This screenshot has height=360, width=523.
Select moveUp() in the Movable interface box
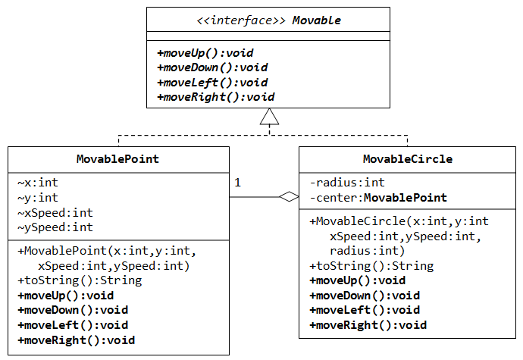point(205,53)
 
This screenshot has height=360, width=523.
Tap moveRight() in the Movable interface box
point(215,97)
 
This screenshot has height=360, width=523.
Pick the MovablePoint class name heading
point(117,159)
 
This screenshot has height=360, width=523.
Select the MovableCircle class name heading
point(407,159)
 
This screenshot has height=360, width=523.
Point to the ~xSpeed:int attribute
point(55,212)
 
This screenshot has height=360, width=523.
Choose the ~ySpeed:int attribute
point(55,227)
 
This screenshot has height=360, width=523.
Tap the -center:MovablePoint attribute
point(378,198)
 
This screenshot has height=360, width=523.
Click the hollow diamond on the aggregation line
point(288,198)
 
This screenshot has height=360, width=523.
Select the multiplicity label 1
point(237,183)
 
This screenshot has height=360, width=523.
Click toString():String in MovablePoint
point(79,280)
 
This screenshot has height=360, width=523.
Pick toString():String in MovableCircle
point(371,266)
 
